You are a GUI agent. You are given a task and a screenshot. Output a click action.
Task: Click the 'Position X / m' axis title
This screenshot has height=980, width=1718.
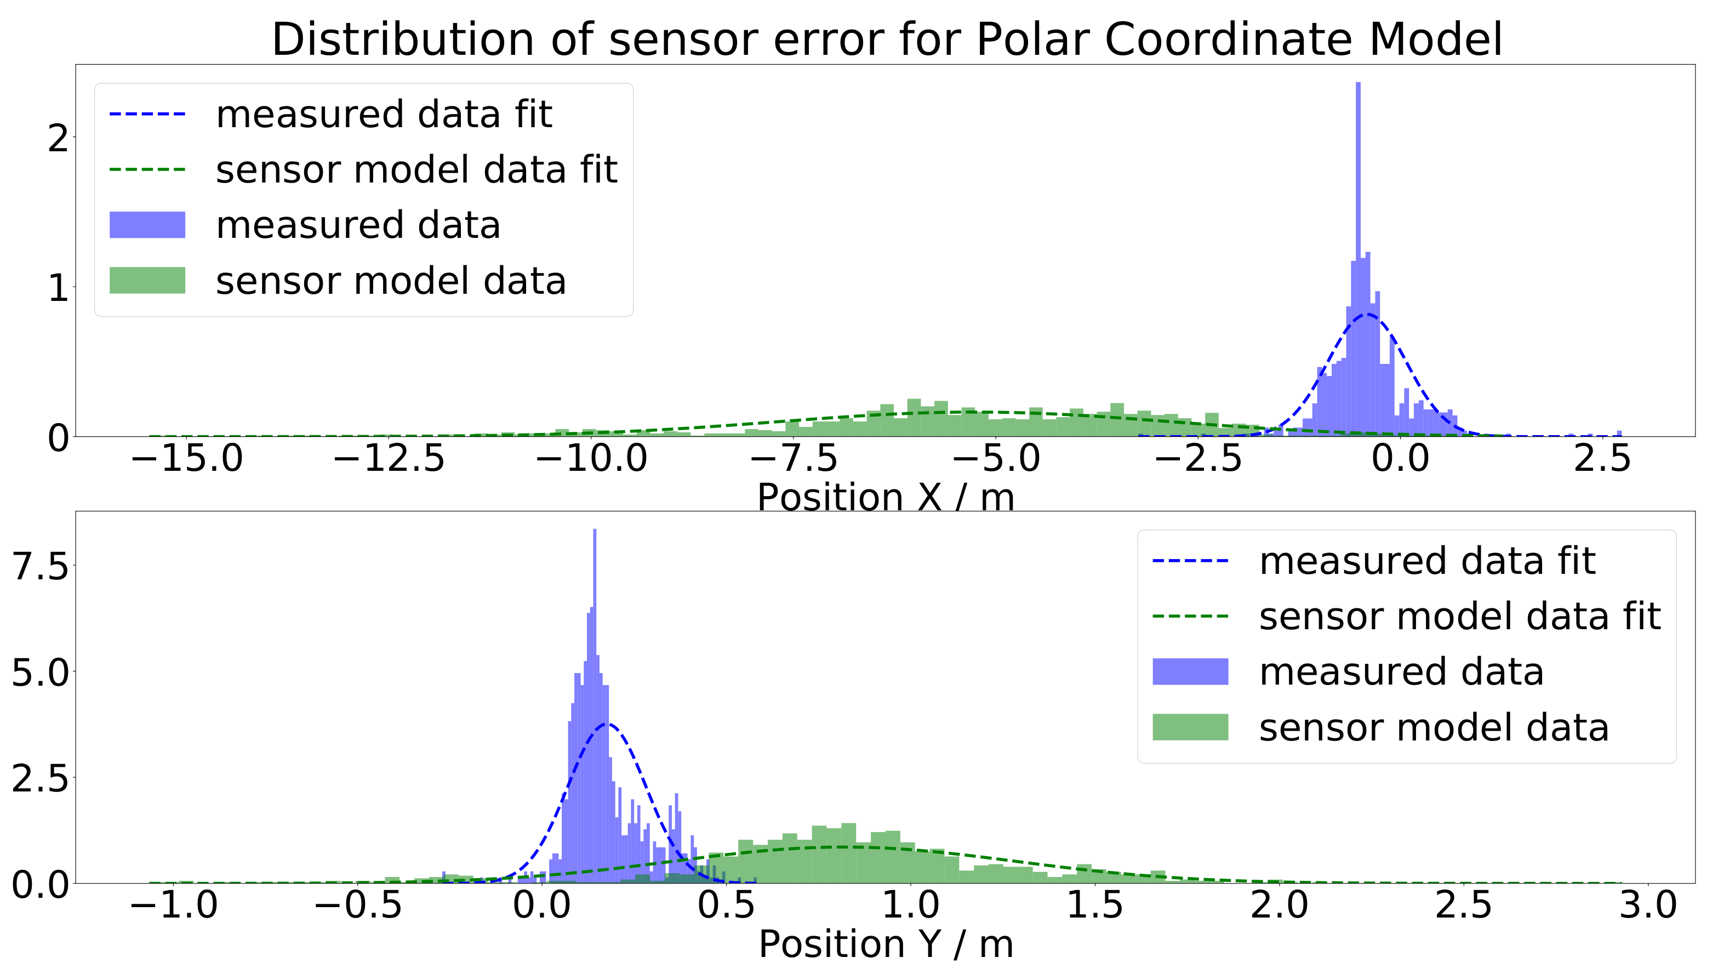click(x=886, y=498)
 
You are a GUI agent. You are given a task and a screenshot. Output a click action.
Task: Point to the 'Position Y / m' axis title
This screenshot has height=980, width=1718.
click(x=886, y=944)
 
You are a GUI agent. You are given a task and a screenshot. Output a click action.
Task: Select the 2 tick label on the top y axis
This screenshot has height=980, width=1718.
click(x=59, y=139)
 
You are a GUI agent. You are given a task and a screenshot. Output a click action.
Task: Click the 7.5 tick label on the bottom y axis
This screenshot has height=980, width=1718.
click(x=41, y=566)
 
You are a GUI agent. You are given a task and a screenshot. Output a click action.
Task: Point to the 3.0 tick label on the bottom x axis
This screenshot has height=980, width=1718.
click(x=1648, y=905)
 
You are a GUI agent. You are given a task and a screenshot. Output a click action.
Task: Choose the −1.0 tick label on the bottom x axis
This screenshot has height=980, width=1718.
click(x=174, y=905)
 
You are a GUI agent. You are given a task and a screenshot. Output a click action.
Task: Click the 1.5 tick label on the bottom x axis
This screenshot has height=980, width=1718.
click(x=1095, y=905)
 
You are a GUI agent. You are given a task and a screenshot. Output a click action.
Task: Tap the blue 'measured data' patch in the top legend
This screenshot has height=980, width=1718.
click(x=147, y=225)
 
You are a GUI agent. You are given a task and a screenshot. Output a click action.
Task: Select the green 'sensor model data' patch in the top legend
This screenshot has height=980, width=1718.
click(x=147, y=280)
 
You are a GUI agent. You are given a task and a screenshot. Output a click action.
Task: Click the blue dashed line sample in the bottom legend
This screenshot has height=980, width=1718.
click(x=1190, y=561)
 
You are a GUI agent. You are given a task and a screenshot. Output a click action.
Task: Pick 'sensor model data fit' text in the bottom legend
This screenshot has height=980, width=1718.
click(x=1459, y=617)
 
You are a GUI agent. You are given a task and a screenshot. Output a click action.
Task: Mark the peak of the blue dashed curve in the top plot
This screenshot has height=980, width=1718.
click(x=1367, y=314)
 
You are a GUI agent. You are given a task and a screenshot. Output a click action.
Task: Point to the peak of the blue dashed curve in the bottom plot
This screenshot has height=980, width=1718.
click(x=608, y=724)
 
